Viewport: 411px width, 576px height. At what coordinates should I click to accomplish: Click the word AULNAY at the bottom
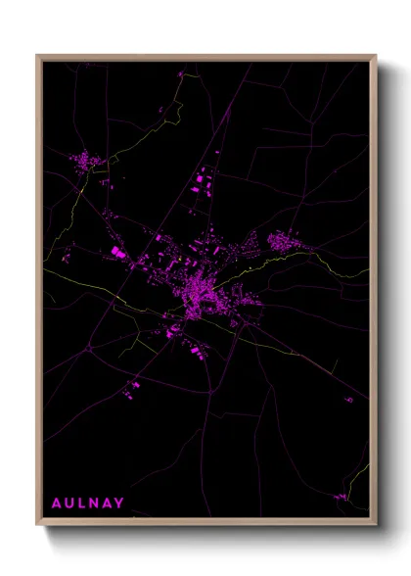tap(88, 504)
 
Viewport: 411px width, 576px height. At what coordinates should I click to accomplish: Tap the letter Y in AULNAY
tap(120, 504)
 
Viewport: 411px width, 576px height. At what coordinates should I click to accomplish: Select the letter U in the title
tap(69, 504)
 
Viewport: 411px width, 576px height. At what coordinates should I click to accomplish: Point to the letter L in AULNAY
tap(82, 504)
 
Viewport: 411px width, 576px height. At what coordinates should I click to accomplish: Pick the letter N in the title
tap(95, 504)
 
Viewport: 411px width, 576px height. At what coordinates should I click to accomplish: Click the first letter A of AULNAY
tap(56, 504)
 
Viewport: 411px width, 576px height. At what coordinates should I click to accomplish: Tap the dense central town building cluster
tap(203, 290)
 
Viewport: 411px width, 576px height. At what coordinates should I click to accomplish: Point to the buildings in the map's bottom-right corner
tap(341, 497)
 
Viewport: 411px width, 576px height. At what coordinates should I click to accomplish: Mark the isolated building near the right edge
tap(348, 399)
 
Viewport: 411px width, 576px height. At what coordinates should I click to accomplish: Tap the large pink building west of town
tap(118, 253)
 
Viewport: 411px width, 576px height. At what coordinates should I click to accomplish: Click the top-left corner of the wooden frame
tap(38, 57)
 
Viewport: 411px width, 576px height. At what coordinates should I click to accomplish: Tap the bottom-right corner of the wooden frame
tap(375, 523)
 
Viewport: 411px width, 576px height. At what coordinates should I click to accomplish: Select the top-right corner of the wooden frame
tap(375, 57)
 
